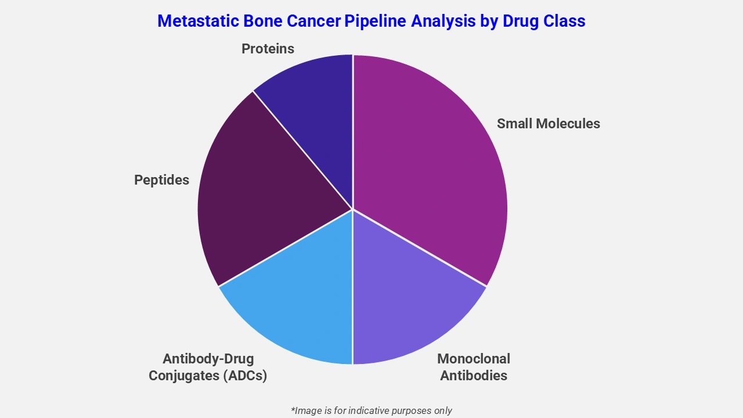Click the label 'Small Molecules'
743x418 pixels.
(x=548, y=124)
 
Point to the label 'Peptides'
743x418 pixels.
(x=161, y=180)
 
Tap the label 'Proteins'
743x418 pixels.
(x=268, y=49)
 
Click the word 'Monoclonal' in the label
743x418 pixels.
(x=473, y=359)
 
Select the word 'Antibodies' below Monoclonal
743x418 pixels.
(x=473, y=376)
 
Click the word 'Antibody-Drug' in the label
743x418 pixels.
(x=208, y=359)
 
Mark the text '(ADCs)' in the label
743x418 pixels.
(x=244, y=376)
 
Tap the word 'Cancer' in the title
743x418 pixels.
(x=313, y=21)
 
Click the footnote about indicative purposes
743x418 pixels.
(x=371, y=410)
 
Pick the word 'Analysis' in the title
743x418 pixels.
(x=446, y=21)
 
